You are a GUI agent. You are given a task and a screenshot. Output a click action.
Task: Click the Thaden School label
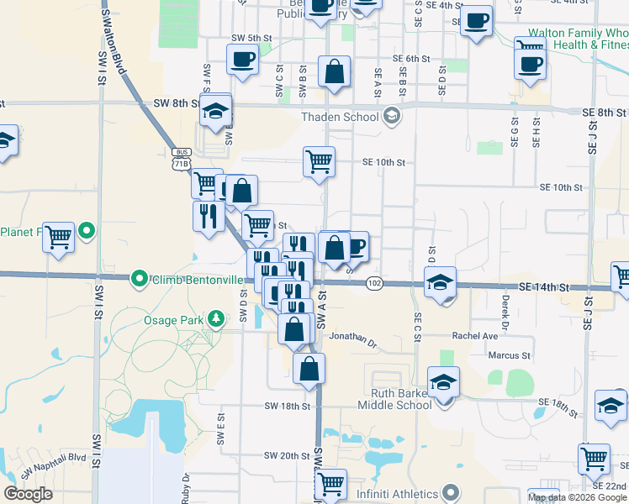[x=343, y=118]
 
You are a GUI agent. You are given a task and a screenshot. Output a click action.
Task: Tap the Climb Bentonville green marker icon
[x=139, y=278]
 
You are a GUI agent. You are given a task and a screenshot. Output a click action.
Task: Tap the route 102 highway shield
[x=375, y=284]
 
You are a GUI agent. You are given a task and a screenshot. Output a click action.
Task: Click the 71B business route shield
[x=181, y=160]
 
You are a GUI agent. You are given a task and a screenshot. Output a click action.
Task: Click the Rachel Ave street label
[x=475, y=335]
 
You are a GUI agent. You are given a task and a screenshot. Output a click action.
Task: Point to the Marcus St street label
[x=510, y=356]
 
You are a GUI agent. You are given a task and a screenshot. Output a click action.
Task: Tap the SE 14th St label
[x=545, y=287]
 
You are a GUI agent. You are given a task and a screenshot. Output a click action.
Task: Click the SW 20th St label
[x=288, y=455]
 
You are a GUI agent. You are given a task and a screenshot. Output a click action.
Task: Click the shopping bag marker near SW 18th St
[x=309, y=367]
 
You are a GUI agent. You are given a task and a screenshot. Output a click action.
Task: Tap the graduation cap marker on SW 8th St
[x=216, y=110]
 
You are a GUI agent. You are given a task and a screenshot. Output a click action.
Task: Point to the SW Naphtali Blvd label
[x=53, y=467]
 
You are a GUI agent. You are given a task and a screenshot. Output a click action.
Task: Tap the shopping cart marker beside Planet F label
[x=58, y=237]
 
